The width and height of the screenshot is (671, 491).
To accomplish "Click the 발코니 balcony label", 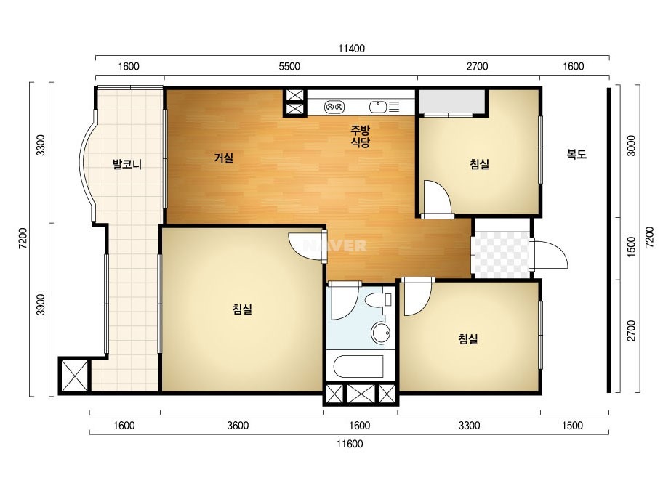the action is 126,164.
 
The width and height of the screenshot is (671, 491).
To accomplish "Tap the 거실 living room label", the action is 224,158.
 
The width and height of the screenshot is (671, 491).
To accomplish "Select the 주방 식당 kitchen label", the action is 360,136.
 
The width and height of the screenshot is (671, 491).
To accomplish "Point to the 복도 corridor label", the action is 576,154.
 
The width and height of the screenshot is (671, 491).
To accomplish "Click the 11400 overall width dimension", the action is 351,49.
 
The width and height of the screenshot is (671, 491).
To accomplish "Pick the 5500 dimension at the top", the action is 289,66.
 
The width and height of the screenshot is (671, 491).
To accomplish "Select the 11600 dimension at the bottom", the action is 350,444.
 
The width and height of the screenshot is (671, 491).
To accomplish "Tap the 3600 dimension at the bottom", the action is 238,426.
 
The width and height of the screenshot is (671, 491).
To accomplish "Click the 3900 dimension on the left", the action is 40,304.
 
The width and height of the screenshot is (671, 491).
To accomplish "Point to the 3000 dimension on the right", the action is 631,145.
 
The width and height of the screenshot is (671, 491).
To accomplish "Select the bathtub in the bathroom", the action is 358,367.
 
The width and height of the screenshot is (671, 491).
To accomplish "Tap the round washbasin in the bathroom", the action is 380,333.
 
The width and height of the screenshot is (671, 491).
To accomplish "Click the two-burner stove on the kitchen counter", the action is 334,107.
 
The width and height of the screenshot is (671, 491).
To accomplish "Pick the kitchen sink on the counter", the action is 378,107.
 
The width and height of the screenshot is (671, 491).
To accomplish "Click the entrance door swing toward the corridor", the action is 549,255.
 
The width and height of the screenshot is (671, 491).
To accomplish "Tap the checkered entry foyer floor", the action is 502,255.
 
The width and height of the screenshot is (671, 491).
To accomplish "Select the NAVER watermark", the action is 335,245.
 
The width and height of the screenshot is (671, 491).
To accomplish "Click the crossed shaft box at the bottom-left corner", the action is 74,376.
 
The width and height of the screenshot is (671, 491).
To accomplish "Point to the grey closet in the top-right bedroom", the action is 452,102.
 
